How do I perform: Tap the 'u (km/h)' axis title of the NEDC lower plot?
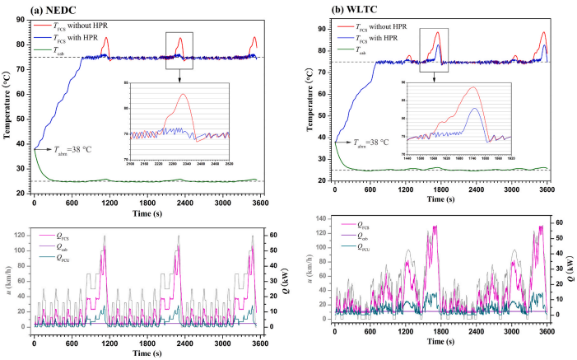[x=7, y=281]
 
